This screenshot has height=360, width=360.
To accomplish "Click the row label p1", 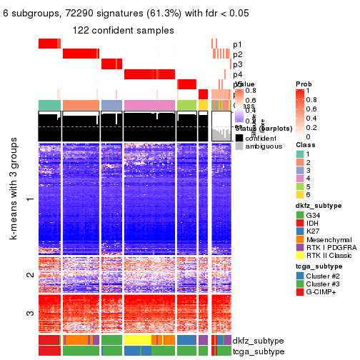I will [237, 44].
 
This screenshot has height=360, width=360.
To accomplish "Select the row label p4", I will [237, 74].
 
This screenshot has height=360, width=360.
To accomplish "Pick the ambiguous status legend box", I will [239, 146].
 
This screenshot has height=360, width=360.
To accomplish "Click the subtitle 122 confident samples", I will [124, 30].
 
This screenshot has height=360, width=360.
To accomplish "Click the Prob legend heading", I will [304, 84].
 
